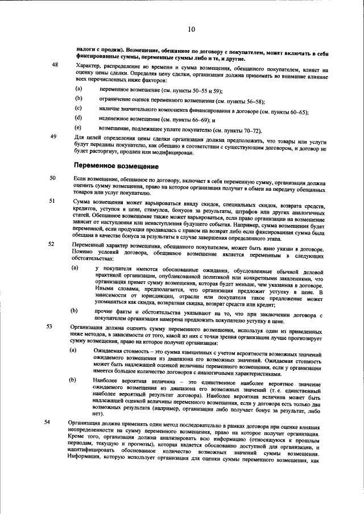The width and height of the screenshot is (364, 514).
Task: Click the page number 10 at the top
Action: pyautogui.click(x=191, y=29)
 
